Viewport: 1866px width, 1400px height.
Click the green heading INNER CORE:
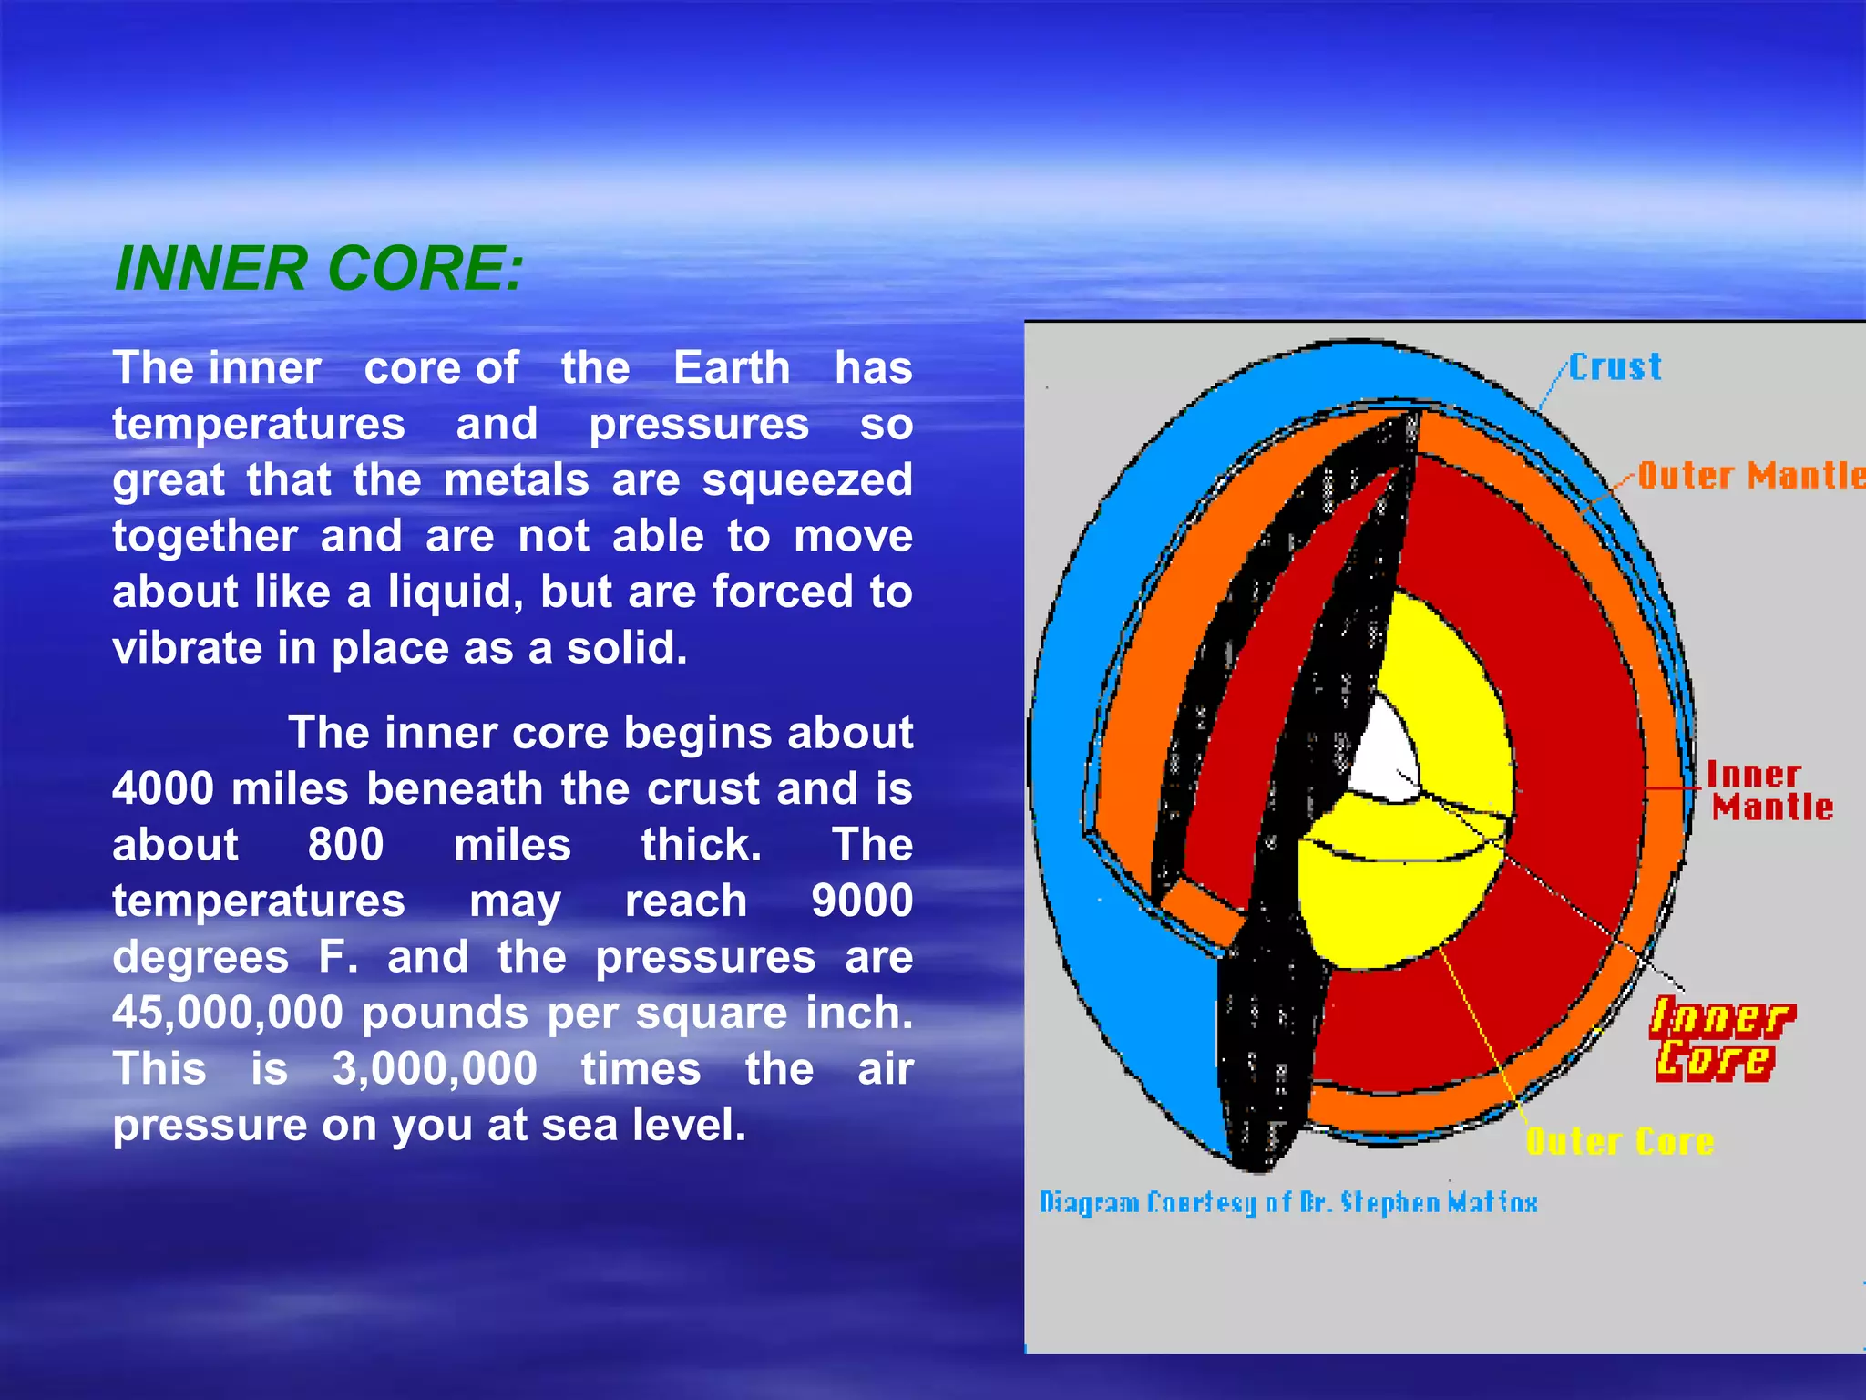tap(319, 270)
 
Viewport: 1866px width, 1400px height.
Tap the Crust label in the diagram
tap(1615, 367)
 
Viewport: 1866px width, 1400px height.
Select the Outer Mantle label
tap(1749, 476)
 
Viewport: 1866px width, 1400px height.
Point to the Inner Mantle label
tap(1768, 791)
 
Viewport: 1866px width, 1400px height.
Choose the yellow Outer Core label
tap(1620, 1141)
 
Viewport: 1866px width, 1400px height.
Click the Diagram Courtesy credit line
tap(1288, 1202)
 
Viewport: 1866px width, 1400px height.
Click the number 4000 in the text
tap(163, 789)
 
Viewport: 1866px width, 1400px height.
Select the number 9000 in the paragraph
tap(861, 901)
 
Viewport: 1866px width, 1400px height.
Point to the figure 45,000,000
tap(228, 1014)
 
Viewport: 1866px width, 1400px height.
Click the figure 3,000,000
tap(435, 1069)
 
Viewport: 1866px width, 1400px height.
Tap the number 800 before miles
tap(345, 845)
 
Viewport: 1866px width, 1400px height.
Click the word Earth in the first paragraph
tap(732, 368)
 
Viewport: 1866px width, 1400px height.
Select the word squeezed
tap(806, 480)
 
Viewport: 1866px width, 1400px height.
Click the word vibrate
tap(188, 648)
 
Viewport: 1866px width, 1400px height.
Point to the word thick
tap(700, 845)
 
